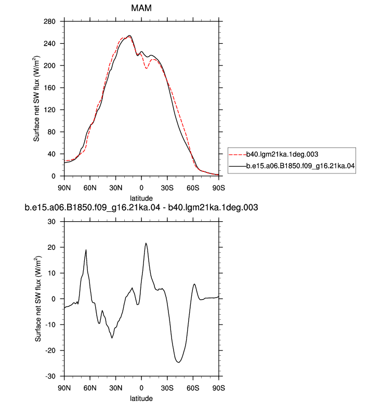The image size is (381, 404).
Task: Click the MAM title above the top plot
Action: [141, 8]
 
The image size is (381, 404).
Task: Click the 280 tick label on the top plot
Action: [49, 21]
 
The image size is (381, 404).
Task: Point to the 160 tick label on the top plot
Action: [49, 88]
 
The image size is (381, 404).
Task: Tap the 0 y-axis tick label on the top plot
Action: [54, 176]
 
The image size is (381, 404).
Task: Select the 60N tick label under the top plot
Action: [90, 188]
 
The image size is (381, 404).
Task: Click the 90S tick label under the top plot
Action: [218, 188]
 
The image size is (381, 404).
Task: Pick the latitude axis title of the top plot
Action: [141, 198]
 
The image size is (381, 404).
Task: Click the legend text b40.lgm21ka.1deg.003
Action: [282, 154]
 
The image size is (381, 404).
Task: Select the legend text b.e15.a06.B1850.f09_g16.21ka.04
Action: [300, 166]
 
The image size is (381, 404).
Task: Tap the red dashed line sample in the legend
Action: [238, 154]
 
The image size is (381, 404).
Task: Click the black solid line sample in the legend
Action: [238, 166]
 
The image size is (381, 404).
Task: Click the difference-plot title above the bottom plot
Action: [141, 207]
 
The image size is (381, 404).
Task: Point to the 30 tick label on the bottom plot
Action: [51, 222]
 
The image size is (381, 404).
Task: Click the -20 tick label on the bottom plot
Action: [50, 351]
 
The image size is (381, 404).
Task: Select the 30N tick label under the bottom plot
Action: [115, 388]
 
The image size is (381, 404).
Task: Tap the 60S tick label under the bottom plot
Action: [193, 388]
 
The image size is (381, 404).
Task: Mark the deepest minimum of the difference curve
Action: [178, 362]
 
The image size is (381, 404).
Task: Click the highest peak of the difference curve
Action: [146, 243]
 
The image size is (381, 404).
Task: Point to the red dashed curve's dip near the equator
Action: [146, 68]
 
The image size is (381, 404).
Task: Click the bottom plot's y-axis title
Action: [38, 299]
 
